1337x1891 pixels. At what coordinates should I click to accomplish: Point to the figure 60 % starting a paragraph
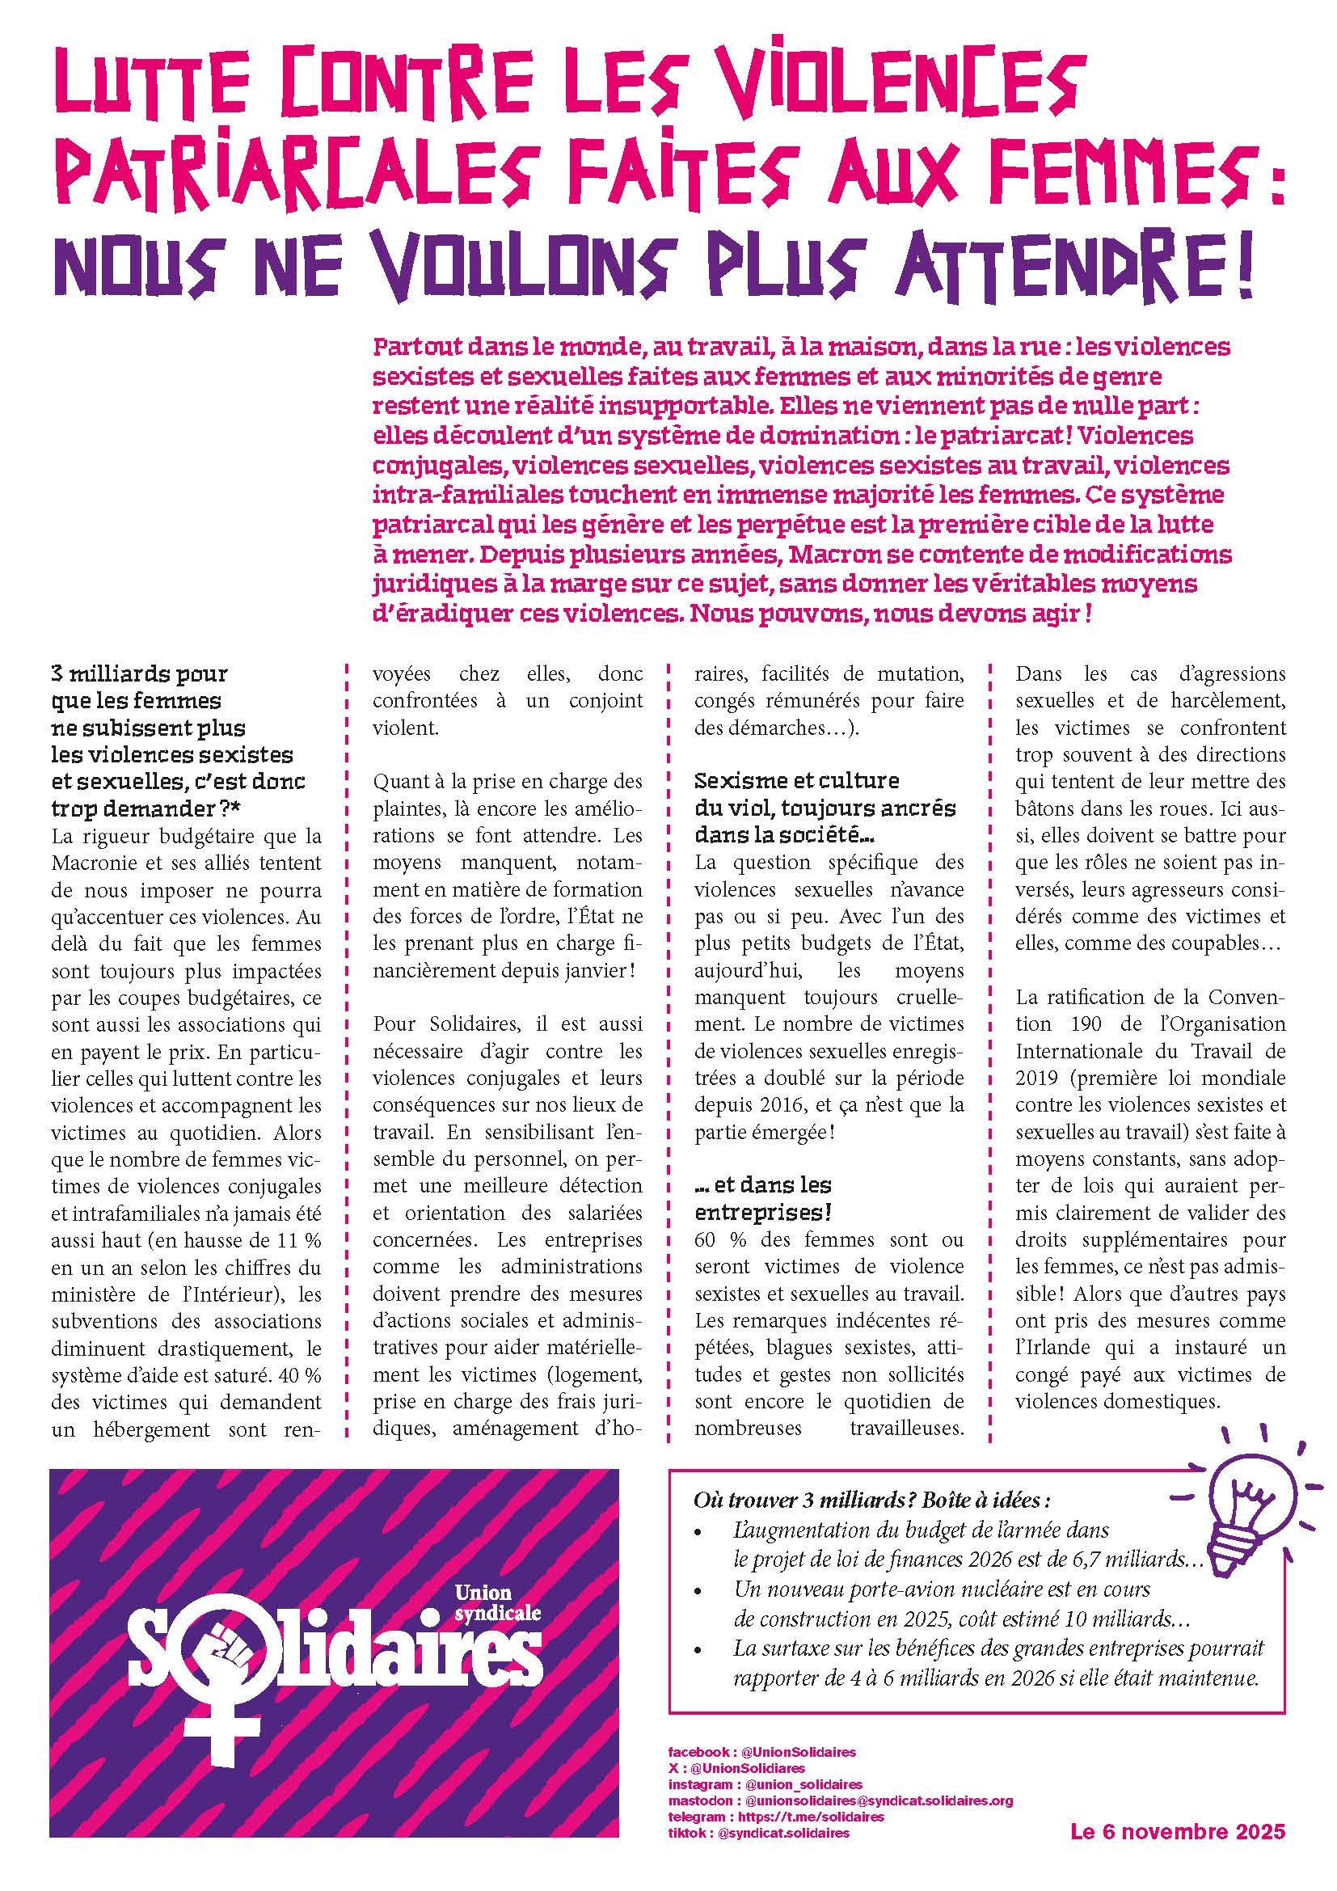[719, 1239]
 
